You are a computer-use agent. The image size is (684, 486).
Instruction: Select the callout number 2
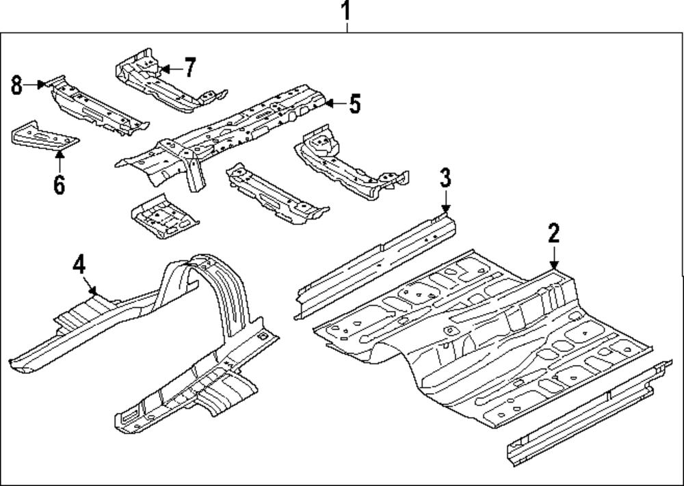pyautogui.click(x=553, y=233)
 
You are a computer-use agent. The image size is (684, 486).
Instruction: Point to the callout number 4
pyautogui.click(x=79, y=263)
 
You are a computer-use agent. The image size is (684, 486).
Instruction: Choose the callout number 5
pyautogui.click(x=354, y=104)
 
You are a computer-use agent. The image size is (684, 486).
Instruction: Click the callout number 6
pyautogui.click(x=59, y=184)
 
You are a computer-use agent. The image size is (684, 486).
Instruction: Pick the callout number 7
pyautogui.click(x=189, y=68)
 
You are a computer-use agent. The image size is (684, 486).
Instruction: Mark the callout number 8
pyautogui.click(x=17, y=85)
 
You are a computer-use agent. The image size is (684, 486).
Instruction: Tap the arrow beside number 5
pyautogui.click(x=333, y=104)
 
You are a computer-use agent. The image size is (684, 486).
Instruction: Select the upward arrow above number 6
pyautogui.click(x=59, y=161)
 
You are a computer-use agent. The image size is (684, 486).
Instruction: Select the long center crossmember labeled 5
pyautogui.click(x=226, y=133)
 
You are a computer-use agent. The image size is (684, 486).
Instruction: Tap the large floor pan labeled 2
pyautogui.click(x=479, y=335)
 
